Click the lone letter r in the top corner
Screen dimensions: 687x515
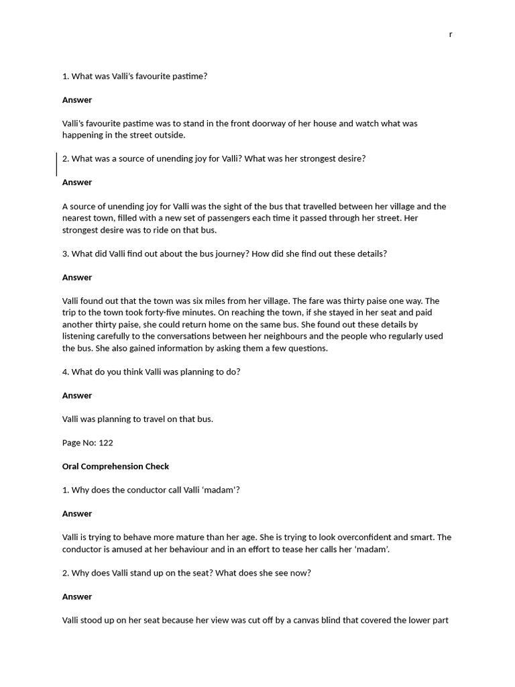[451, 34]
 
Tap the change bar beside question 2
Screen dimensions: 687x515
[56, 164]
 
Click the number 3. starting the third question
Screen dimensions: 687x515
[66, 254]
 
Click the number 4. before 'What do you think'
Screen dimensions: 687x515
[66, 372]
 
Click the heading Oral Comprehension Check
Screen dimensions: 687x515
[115, 466]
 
